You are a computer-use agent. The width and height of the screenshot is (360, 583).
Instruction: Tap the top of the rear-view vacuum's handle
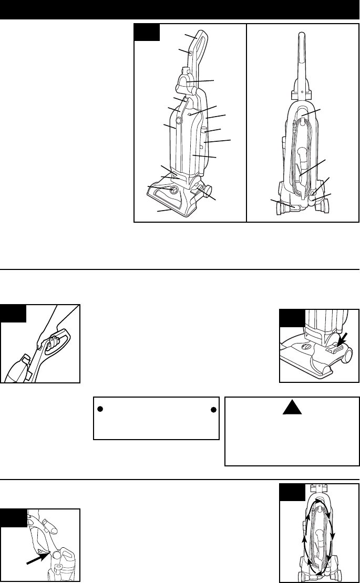coord(303,34)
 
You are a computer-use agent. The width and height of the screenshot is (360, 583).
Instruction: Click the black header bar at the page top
coord(180,8)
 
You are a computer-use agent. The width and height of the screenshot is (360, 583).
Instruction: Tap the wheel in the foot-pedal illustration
coord(347,355)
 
